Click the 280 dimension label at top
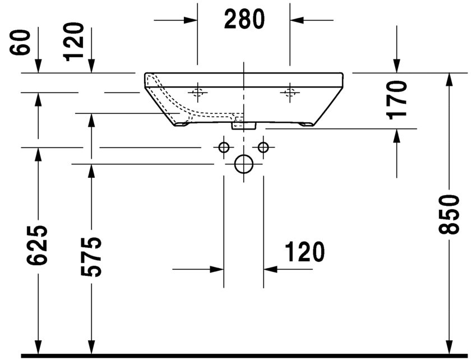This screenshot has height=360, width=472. [244, 20]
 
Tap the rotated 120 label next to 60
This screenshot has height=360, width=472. [74, 41]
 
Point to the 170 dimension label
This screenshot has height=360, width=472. [397, 100]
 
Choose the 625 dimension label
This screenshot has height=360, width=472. [38, 245]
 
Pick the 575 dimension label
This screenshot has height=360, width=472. [91, 256]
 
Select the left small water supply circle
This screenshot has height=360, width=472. [224, 147]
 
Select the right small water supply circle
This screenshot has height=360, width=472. [263, 147]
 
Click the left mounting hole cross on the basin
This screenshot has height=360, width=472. [197, 92]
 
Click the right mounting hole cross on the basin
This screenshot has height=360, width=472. [290, 92]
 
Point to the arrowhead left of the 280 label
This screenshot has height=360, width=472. [191, 20]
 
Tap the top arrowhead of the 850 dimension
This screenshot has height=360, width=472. [449, 80]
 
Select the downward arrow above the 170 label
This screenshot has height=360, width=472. [397, 66]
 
